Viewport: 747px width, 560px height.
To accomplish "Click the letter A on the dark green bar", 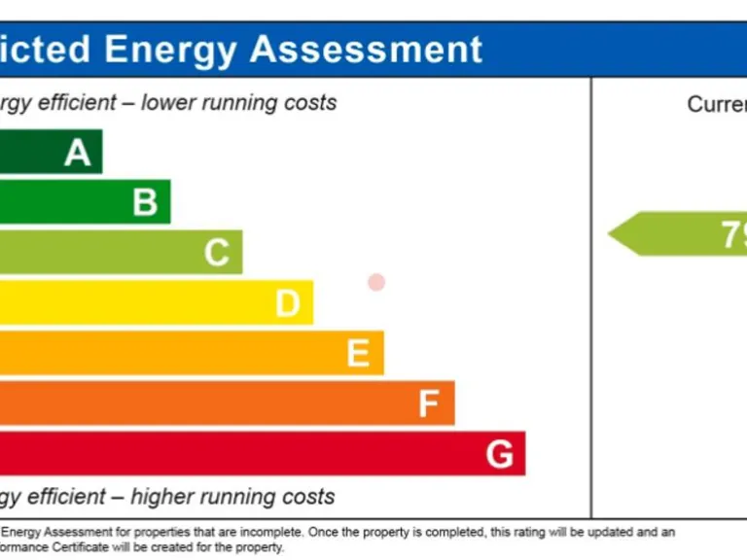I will (78, 153).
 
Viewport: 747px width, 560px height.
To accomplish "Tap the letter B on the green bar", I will (145, 202).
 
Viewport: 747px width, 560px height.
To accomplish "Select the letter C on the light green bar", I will (216, 253).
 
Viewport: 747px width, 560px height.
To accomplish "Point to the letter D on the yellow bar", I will (287, 304).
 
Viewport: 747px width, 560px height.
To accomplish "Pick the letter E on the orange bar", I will (358, 354).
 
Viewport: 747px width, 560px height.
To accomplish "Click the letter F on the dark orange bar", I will (428, 403).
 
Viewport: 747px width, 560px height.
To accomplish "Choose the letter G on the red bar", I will (499, 454).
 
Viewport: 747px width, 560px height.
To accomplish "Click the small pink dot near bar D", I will (376, 282).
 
